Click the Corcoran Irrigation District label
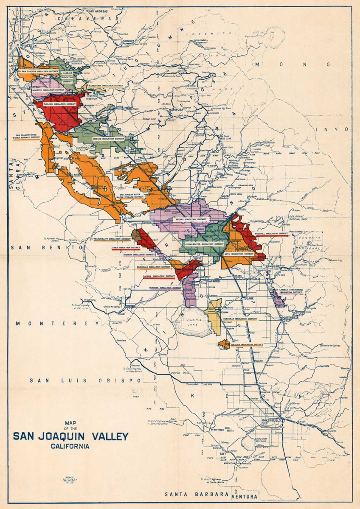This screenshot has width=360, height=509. click(x=240, y=318)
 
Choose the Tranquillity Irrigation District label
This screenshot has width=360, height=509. click(x=111, y=239)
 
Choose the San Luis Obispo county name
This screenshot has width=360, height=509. click(x=85, y=380)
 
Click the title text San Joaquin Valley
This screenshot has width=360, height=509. click(x=70, y=436)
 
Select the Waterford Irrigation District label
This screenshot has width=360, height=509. click(x=106, y=85)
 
